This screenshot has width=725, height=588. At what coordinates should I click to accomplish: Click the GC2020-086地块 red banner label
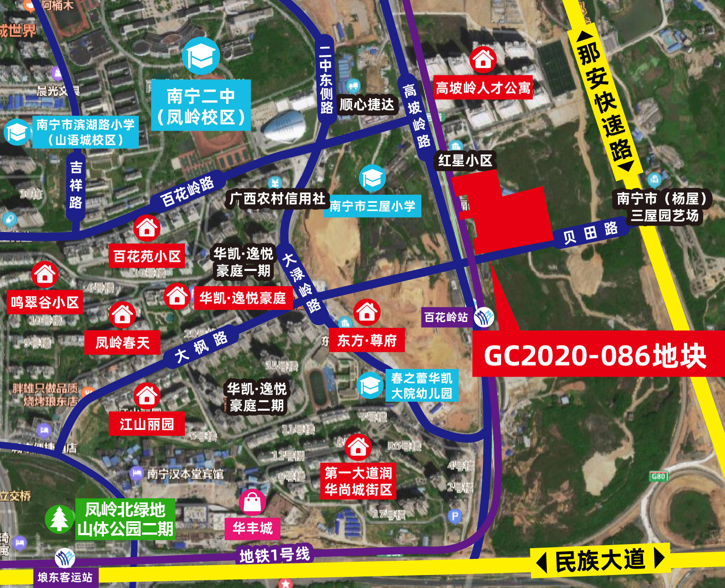[x=596, y=355]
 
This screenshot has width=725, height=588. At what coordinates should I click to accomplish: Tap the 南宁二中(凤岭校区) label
[x=201, y=106]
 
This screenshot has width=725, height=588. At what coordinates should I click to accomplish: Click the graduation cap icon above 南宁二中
[x=201, y=56]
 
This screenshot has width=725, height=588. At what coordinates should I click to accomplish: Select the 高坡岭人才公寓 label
[x=483, y=88]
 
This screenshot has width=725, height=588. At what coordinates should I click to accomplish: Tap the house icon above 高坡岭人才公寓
[x=483, y=59]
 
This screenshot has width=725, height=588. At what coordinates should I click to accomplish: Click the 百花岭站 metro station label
[x=446, y=318]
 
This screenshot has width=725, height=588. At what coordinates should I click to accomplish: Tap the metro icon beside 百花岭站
[x=484, y=318]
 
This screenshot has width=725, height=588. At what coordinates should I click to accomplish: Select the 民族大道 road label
[x=600, y=560]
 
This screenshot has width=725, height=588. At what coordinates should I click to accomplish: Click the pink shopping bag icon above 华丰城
[x=253, y=502]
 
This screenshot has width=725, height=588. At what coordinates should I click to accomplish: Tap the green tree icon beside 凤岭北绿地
[x=59, y=519]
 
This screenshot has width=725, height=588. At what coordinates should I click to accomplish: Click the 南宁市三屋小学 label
[x=372, y=206]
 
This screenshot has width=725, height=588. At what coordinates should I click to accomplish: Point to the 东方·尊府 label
[x=367, y=340]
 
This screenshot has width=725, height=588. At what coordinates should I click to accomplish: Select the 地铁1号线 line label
[x=275, y=555]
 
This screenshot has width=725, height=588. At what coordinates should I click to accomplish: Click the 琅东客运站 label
[x=65, y=577]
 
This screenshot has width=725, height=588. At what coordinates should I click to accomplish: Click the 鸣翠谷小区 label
[x=45, y=302]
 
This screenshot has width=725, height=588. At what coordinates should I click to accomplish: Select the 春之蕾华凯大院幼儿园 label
[x=421, y=386]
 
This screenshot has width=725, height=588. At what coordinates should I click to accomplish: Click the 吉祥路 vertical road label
[x=76, y=185]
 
